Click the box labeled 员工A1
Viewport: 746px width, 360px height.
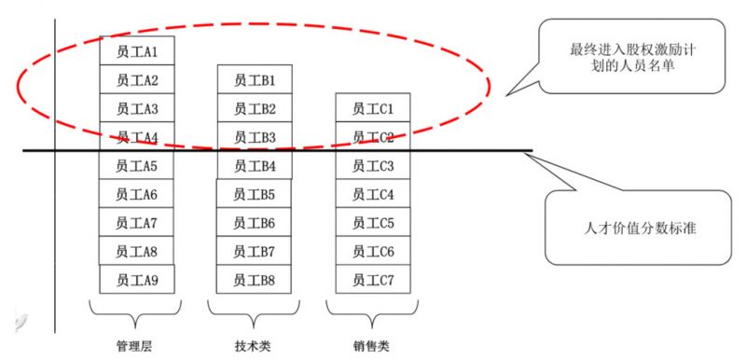pos(137,51)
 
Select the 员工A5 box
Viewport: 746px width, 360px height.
pos(137,166)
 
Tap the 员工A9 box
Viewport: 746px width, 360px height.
pos(137,279)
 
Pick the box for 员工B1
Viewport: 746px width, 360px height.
pos(255,80)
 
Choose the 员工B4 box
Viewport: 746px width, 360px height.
pos(255,166)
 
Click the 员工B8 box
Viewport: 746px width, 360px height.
pos(255,279)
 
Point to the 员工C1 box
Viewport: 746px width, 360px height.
pos(373,109)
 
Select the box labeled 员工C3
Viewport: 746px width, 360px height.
pos(373,166)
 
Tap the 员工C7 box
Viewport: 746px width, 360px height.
pos(373,279)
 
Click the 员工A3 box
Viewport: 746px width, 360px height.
pos(137,109)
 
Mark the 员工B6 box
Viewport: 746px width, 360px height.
pos(255,223)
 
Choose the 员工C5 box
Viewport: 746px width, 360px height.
pos(373,223)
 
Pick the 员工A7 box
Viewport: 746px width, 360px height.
pos(137,223)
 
